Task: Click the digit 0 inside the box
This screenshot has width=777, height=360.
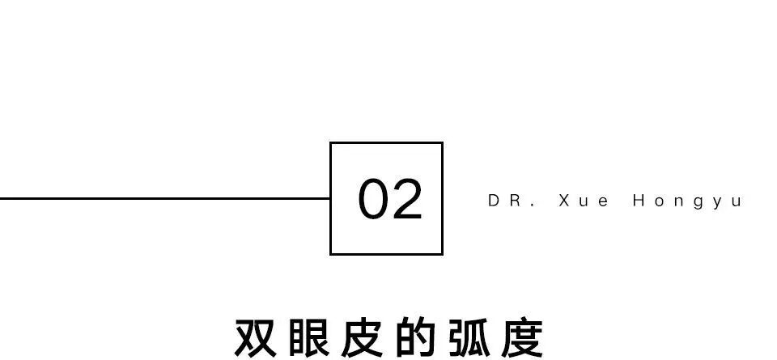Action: point(373,200)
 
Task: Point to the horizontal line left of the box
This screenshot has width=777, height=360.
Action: point(162,197)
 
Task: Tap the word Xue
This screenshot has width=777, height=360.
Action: point(584,201)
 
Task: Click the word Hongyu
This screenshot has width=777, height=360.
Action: point(687,201)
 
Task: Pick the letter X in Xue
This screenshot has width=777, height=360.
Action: point(564,201)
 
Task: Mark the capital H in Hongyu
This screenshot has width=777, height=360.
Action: point(639,201)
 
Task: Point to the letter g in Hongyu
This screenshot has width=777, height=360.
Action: point(698,202)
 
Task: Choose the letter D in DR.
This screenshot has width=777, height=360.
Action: point(494,201)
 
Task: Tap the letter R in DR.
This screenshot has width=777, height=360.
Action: point(514,201)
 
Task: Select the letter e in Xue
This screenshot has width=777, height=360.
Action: point(603,201)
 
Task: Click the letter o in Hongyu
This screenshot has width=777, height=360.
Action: point(659,201)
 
